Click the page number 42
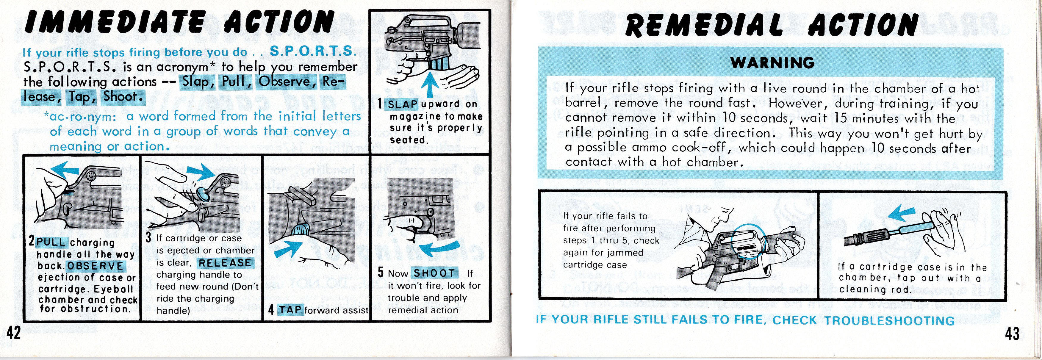pyautogui.click(x=13, y=334)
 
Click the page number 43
pyautogui.click(x=1012, y=334)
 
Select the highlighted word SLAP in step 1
pyautogui.click(x=403, y=104)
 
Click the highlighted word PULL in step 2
pyautogui.click(x=52, y=242)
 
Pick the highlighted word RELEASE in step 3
pyautogui.click(x=225, y=263)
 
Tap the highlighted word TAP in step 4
pyautogui.click(x=290, y=310)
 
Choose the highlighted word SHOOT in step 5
pyautogui.click(x=434, y=273)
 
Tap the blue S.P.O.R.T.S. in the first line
pyautogui.click(x=313, y=52)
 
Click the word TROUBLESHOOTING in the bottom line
pyautogui.click(x=889, y=320)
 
